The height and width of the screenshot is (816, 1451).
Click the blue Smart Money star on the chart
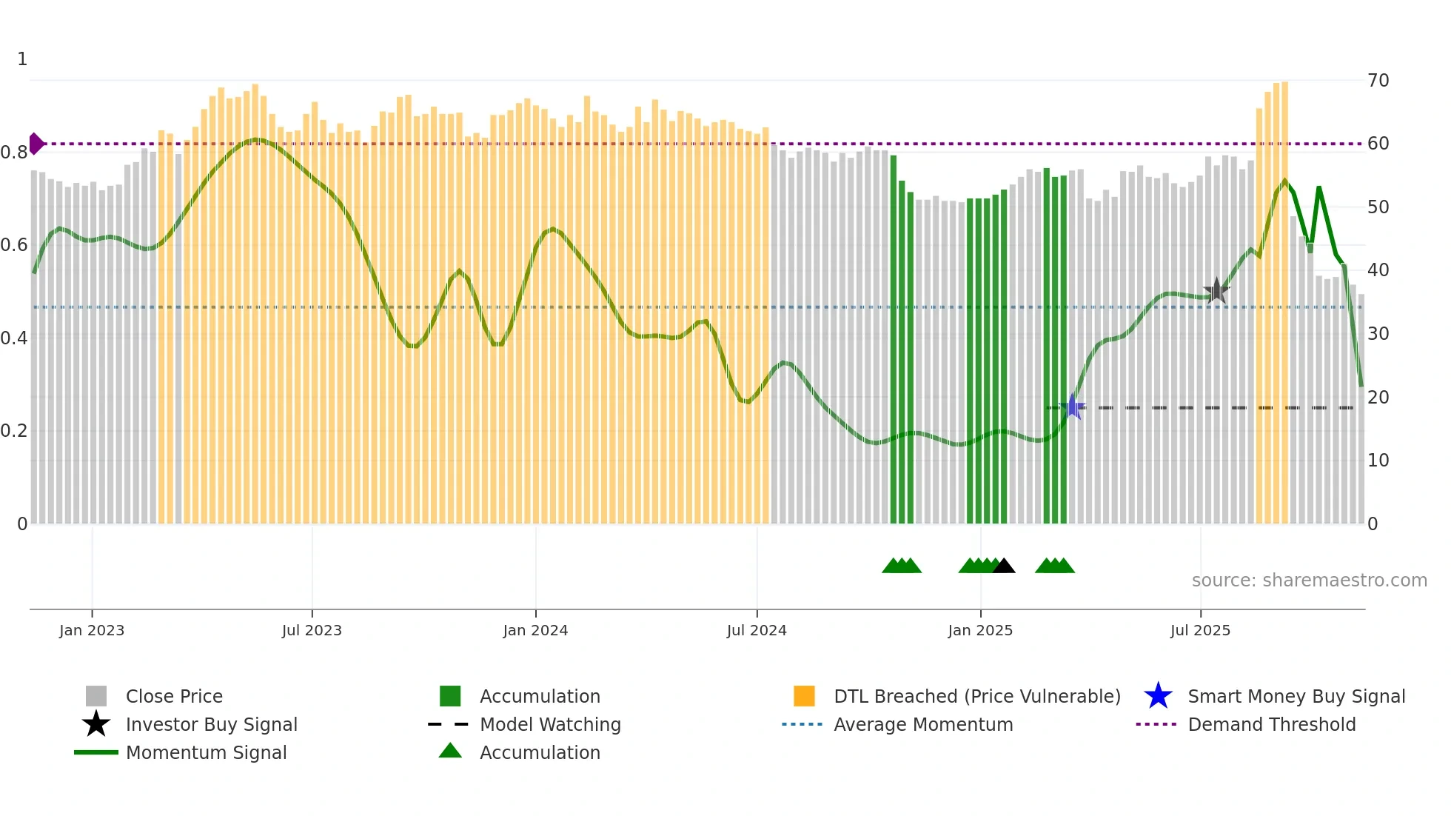point(1072,407)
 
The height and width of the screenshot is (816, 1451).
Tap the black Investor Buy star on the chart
point(1216,291)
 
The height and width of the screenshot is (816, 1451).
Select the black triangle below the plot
point(1004,566)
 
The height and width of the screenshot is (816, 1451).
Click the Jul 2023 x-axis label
point(312,630)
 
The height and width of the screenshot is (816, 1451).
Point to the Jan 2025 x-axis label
point(980,630)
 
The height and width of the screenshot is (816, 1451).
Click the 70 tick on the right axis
point(1378,80)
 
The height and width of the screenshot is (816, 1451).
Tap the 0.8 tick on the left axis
point(13,153)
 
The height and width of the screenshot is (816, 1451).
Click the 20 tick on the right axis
point(1378,397)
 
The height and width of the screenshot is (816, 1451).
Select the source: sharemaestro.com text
point(1309,580)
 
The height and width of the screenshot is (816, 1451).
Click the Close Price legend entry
point(173,696)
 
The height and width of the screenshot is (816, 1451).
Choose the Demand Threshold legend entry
point(1271,724)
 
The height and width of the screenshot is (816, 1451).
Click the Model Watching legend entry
point(549,724)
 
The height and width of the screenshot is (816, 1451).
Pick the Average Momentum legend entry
point(922,724)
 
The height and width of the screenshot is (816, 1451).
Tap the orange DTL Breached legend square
point(804,696)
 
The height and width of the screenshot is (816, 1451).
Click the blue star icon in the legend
point(1158,696)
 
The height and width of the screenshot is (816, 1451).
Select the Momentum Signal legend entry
point(206,752)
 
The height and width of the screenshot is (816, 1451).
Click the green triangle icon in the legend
point(450,751)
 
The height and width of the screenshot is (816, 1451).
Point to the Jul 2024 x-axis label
point(757,630)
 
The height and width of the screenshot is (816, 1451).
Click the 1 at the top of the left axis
point(22,58)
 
